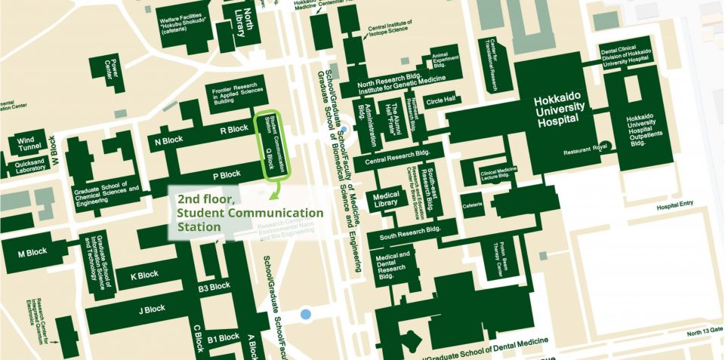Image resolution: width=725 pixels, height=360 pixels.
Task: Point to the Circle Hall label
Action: [441, 100]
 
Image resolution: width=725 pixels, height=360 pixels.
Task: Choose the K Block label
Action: [144, 275]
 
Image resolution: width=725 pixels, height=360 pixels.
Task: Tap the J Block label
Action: [152, 309]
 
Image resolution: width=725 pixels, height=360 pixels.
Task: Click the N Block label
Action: [168, 140]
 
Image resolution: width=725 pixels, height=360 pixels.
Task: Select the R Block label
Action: [233, 129]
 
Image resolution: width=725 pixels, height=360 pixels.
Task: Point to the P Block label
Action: [226, 176]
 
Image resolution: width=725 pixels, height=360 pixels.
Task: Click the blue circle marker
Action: [305, 313]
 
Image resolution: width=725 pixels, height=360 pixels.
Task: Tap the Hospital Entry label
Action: [674, 206]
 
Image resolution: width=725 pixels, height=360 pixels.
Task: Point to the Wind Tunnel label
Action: [26, 143]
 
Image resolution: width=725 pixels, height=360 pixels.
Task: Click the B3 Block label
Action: [214, 287]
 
